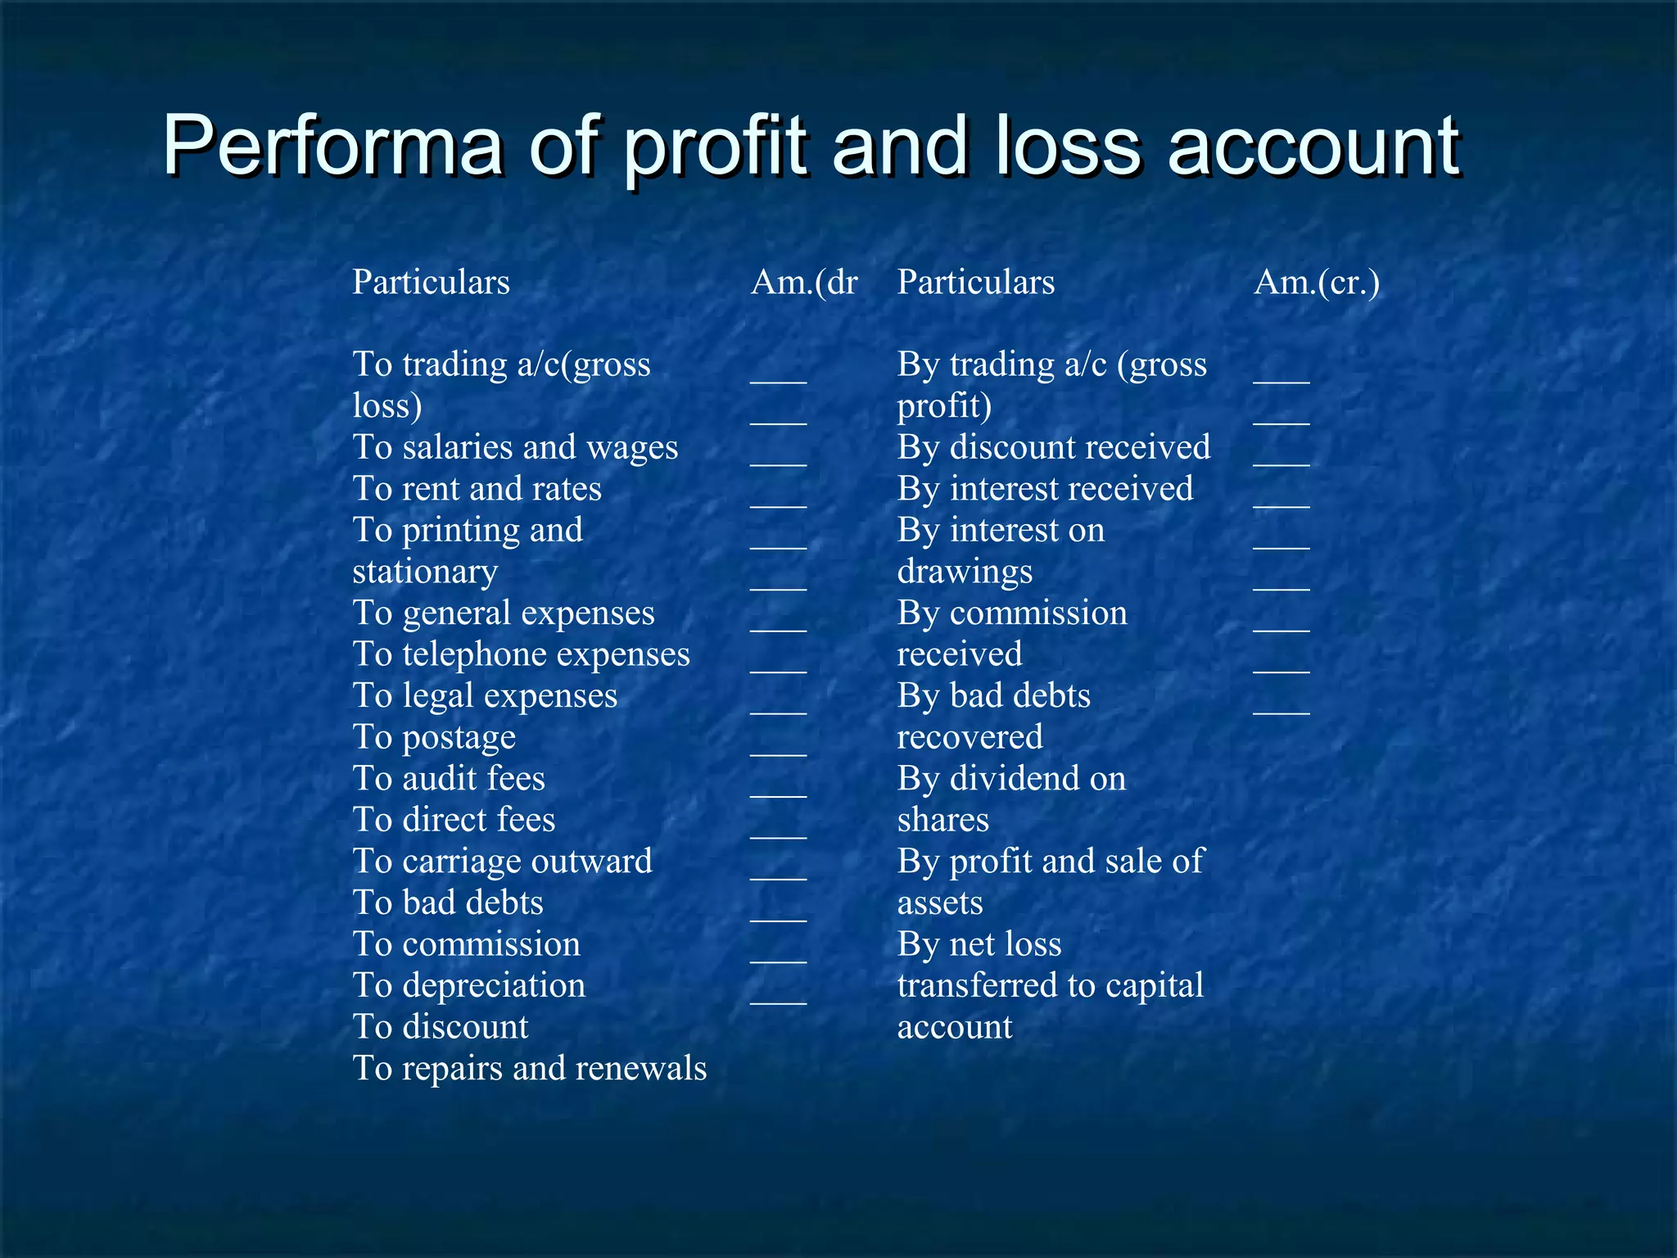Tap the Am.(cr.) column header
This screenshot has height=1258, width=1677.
tap(1317, 283)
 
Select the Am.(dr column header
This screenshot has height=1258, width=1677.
tap(804, 283)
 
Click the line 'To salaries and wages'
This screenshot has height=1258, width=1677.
tap(515, 448)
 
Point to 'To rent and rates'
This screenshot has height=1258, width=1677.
tap(477, 489)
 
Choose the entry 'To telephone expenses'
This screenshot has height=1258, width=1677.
tap(521, 654)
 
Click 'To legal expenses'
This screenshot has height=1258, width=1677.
tap(485, 696)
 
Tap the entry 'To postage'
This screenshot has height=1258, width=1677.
tap(434, 738)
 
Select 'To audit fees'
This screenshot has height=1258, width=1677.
tap(449, 779)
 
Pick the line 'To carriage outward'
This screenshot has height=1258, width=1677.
tap(502, 862)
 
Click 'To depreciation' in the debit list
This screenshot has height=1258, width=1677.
tap(469, 985)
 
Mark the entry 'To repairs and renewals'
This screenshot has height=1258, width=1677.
tap(529, 1069)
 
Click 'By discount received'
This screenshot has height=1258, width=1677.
tap(1053, 448)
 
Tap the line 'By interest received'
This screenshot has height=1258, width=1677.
tap(1045, 489)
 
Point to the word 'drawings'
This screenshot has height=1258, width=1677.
tap(965, 572)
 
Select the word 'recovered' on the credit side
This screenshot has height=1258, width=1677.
tap(970, 737)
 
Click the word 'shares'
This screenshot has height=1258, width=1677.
tap(942, 820)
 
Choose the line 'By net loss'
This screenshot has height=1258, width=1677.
tap(979, 944)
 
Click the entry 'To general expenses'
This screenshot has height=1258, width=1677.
tap(504, 613)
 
